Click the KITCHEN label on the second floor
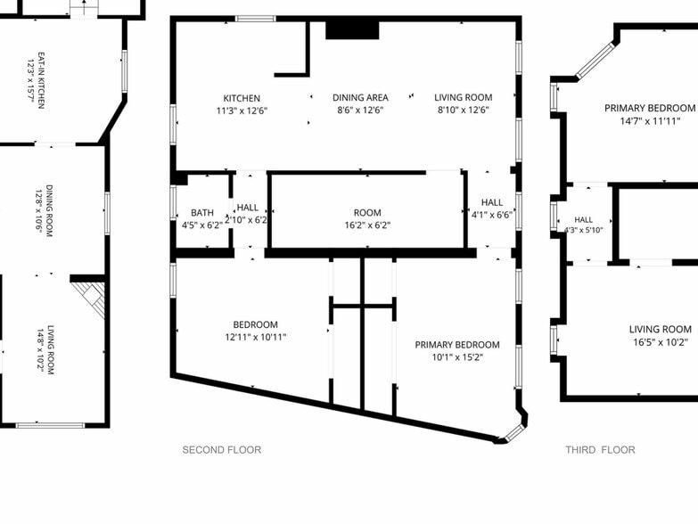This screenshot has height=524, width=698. point(242,98)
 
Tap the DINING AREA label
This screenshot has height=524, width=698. point(360,97)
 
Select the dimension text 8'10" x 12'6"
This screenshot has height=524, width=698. point(464,110)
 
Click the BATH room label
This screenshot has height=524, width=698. point(202,213)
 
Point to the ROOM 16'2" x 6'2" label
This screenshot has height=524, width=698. point(367,219)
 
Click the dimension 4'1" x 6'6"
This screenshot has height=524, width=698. point(492,215)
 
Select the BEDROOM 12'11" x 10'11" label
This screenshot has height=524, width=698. point(256,331)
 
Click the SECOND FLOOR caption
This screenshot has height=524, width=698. point(222,450)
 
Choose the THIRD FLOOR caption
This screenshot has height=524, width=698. point(600,450)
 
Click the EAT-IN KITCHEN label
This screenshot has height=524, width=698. point(41,80)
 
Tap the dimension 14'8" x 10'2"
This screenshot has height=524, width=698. point(41,350)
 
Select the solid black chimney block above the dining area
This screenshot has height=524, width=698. point(352,29)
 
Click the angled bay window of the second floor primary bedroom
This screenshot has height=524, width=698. point(515,431)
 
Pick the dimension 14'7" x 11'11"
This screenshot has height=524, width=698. point(650,120)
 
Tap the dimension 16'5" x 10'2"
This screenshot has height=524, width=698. point(661,341)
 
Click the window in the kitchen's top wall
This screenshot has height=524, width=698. point(256,19)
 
